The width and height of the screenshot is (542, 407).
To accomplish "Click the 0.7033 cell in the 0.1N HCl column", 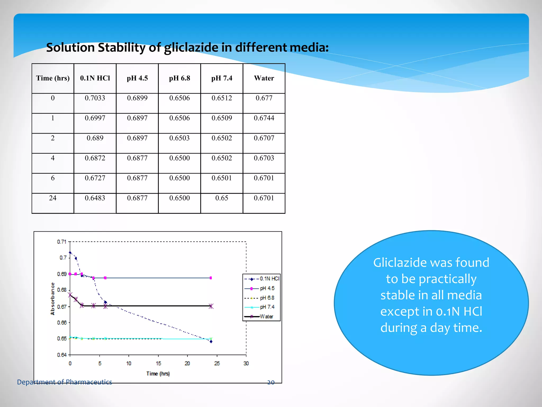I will click(x=95, y=98).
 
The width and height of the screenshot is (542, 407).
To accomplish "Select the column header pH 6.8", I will click(x=179, y=78).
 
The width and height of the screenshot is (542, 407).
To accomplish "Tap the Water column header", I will click(x=264, y=78).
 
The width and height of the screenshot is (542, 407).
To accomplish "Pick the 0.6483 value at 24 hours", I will click(x=95, y=198).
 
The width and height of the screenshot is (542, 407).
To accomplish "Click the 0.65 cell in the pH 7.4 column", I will click(x=222, y=198).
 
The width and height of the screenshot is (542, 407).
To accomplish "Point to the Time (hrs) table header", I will click(x=53, y=78).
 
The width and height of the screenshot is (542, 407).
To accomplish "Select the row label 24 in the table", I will click(x=53, y=198).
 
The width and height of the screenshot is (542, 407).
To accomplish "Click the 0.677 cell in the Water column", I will click(x=264, y=98).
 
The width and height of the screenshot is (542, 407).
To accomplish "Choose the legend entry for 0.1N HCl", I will click(x=269, y=278).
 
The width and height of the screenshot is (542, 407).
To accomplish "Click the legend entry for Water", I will click(x=266, y=316).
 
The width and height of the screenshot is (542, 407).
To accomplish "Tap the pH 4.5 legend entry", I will click(x=267, y=288).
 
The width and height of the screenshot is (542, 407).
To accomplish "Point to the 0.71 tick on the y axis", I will click(x=62, y=242).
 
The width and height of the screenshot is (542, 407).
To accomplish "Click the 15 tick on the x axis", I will click(x=158, y=363).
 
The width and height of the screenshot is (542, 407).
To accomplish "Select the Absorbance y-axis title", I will click(x=52, y=299).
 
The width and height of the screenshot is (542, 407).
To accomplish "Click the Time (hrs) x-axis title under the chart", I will click(x=158, y=374).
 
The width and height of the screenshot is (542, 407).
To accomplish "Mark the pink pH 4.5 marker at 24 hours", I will click(x=211, y=278).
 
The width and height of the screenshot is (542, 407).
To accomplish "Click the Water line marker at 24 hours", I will click(x=211, y=306).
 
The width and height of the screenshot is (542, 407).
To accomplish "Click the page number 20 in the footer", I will click(x=271, y=382).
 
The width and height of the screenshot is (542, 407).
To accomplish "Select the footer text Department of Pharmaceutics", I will click(x=64, y=382).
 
